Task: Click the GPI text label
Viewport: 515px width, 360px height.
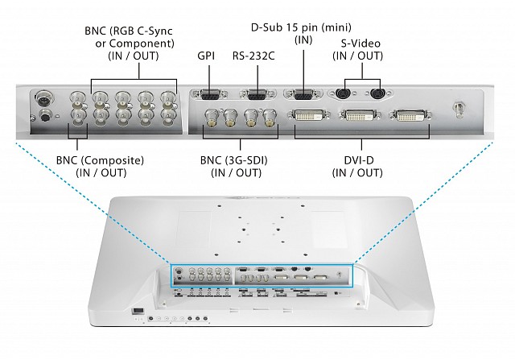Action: click(207, 57)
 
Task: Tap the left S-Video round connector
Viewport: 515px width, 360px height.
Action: click(344, 93)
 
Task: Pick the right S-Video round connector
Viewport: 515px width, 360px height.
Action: click(377, 93)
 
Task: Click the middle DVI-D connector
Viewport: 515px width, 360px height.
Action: click(359, 117)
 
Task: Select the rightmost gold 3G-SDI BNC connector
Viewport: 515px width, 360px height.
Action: click(270, 118)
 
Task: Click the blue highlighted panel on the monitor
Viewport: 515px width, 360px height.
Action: click(262, 275)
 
